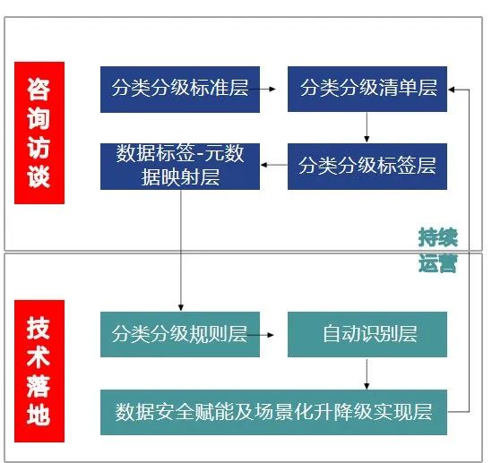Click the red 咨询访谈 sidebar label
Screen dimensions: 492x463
(x=39, y=133)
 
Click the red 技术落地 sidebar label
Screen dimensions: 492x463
(x=39, y=371)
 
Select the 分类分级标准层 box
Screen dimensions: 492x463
(x=180, y=90)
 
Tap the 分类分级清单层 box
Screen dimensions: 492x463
(x=367, y=89)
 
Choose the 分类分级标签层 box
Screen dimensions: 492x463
(x=367, y=167)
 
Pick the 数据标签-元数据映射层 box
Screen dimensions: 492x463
(x=180, y=167)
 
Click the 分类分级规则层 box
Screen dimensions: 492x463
(x=180, y=334)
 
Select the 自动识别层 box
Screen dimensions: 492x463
(x=367, y=334)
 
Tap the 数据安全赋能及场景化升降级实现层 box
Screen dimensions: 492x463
(x=273, y=412)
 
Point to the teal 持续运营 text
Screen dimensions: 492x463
(x=438, y=250)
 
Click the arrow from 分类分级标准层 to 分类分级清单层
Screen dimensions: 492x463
(x=263, y=89)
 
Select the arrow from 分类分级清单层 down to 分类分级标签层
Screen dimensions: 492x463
(x=367, y=127)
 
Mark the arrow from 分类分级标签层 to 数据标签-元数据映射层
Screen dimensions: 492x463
(x=274, y=165)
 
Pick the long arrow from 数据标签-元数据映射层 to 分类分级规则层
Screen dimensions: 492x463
(x=181, y=250)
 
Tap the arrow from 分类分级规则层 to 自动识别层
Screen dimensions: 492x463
(x=261, y=335)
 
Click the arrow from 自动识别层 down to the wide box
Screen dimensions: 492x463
(x=367, y=374)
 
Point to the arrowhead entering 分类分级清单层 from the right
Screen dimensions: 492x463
(x=452, y=90)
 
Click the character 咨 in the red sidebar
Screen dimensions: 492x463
(x=39, y=90)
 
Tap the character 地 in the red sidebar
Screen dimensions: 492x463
(x=39, y=414)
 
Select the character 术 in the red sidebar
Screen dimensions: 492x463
(x=39, y=356)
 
